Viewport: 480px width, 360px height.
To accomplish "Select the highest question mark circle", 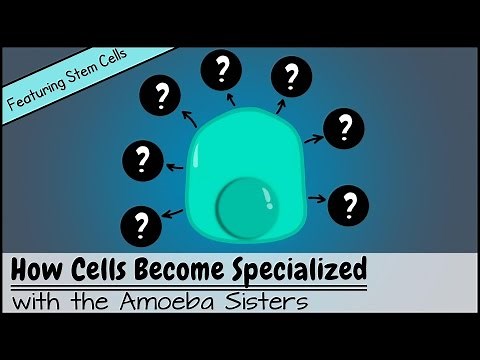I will [221, 70].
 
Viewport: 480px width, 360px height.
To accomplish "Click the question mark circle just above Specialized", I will [349, 204].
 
